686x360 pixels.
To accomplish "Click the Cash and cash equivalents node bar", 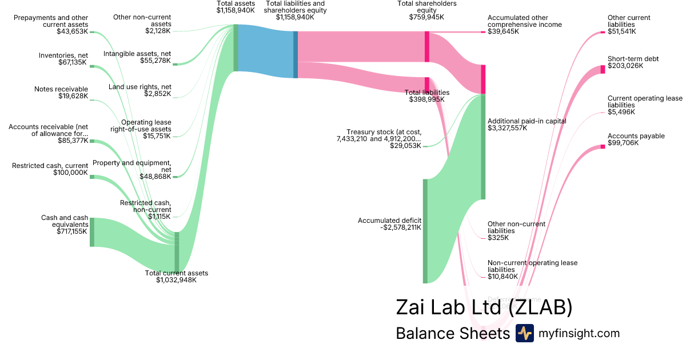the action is tap(91, 232).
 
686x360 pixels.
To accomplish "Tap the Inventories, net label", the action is tap(63, 55).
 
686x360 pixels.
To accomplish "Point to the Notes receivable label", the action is tap(61, 89).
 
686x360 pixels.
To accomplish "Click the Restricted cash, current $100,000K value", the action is tap(70, 173).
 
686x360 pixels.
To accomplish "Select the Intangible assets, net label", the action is tap(137, 53).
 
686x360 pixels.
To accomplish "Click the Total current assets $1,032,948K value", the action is tap(176, 280).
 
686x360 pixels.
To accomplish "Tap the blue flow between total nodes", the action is tap(266, 51).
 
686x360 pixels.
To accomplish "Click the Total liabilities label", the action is tap(426, 92).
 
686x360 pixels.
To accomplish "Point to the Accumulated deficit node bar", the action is tap(425, 231).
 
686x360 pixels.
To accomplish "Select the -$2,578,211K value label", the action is tap(400, 227).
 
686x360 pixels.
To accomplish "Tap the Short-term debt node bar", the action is tap(603, 69).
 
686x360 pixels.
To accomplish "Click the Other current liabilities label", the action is tap(629, 21).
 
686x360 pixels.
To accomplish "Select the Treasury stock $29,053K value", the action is tap(405, 146).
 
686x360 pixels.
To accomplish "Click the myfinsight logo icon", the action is tap(524, 333).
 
